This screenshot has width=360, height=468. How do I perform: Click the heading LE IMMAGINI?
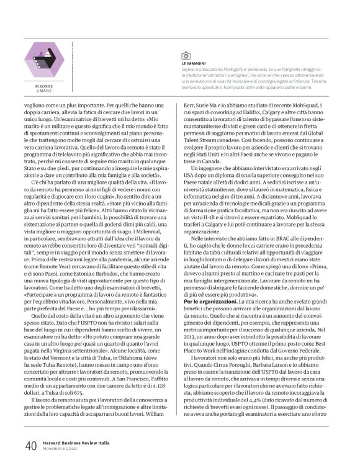pos(194,63)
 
